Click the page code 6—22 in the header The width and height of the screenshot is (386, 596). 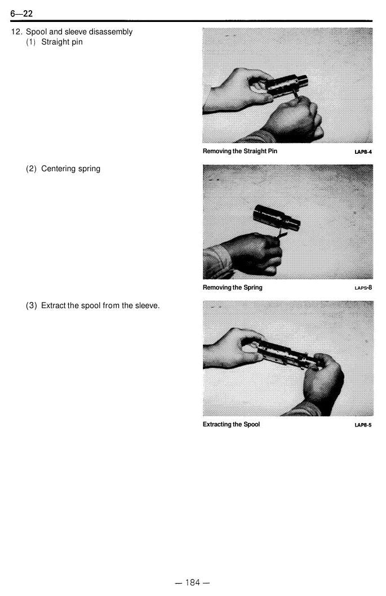pyautogui.click(x=21, y=14)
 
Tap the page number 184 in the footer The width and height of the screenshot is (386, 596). pyautogui.click(x=192, y=582)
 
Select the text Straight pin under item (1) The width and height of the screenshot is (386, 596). pyautogui.click(x=62, y=42)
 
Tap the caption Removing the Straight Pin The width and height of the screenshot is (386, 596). pyautogui.click(x=240, y=151)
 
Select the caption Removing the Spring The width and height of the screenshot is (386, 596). pyautogui.click(x=232, y=287)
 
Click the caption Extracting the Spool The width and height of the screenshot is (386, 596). pyautogui.click(x=231, y=424)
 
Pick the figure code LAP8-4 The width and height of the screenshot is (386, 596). pyautogui.click(x=363, y=152)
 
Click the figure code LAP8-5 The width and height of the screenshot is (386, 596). pyautogui.click(x=363, y=425)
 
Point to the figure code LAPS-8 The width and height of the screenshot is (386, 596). pyautogui.click(x=363, y=288)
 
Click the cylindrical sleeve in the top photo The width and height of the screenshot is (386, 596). pyautogui.click(x=287, y=84)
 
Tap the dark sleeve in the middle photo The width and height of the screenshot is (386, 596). pyautogui.click(x=277, y=218)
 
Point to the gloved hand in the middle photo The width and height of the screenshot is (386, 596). pyautogui.click(x=253, y=253)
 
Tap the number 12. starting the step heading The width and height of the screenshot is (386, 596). pyautogui.click(x=17, y=32)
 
